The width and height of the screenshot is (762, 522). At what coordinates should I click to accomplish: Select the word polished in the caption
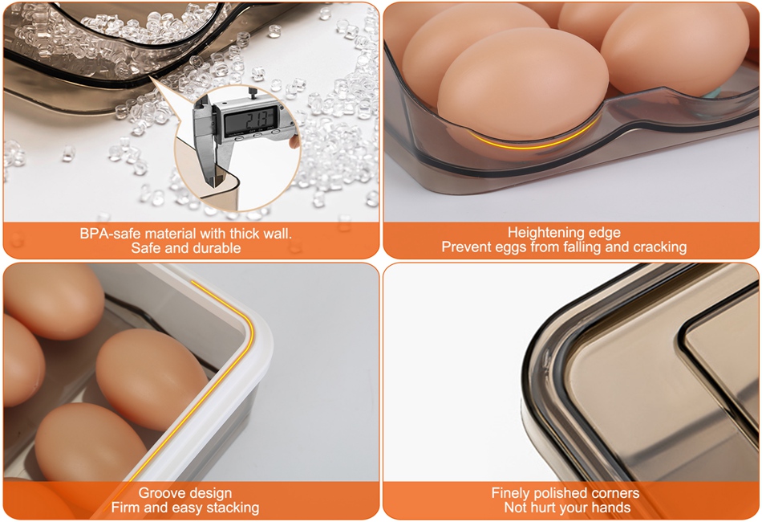[559, 493]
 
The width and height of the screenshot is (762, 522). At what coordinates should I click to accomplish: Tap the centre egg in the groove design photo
[152, 378]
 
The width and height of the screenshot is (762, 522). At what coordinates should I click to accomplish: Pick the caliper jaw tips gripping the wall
[213, 176]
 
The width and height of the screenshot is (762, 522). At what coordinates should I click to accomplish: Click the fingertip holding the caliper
[293, 141]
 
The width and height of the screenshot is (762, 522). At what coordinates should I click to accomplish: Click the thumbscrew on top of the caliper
[252, 92]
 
